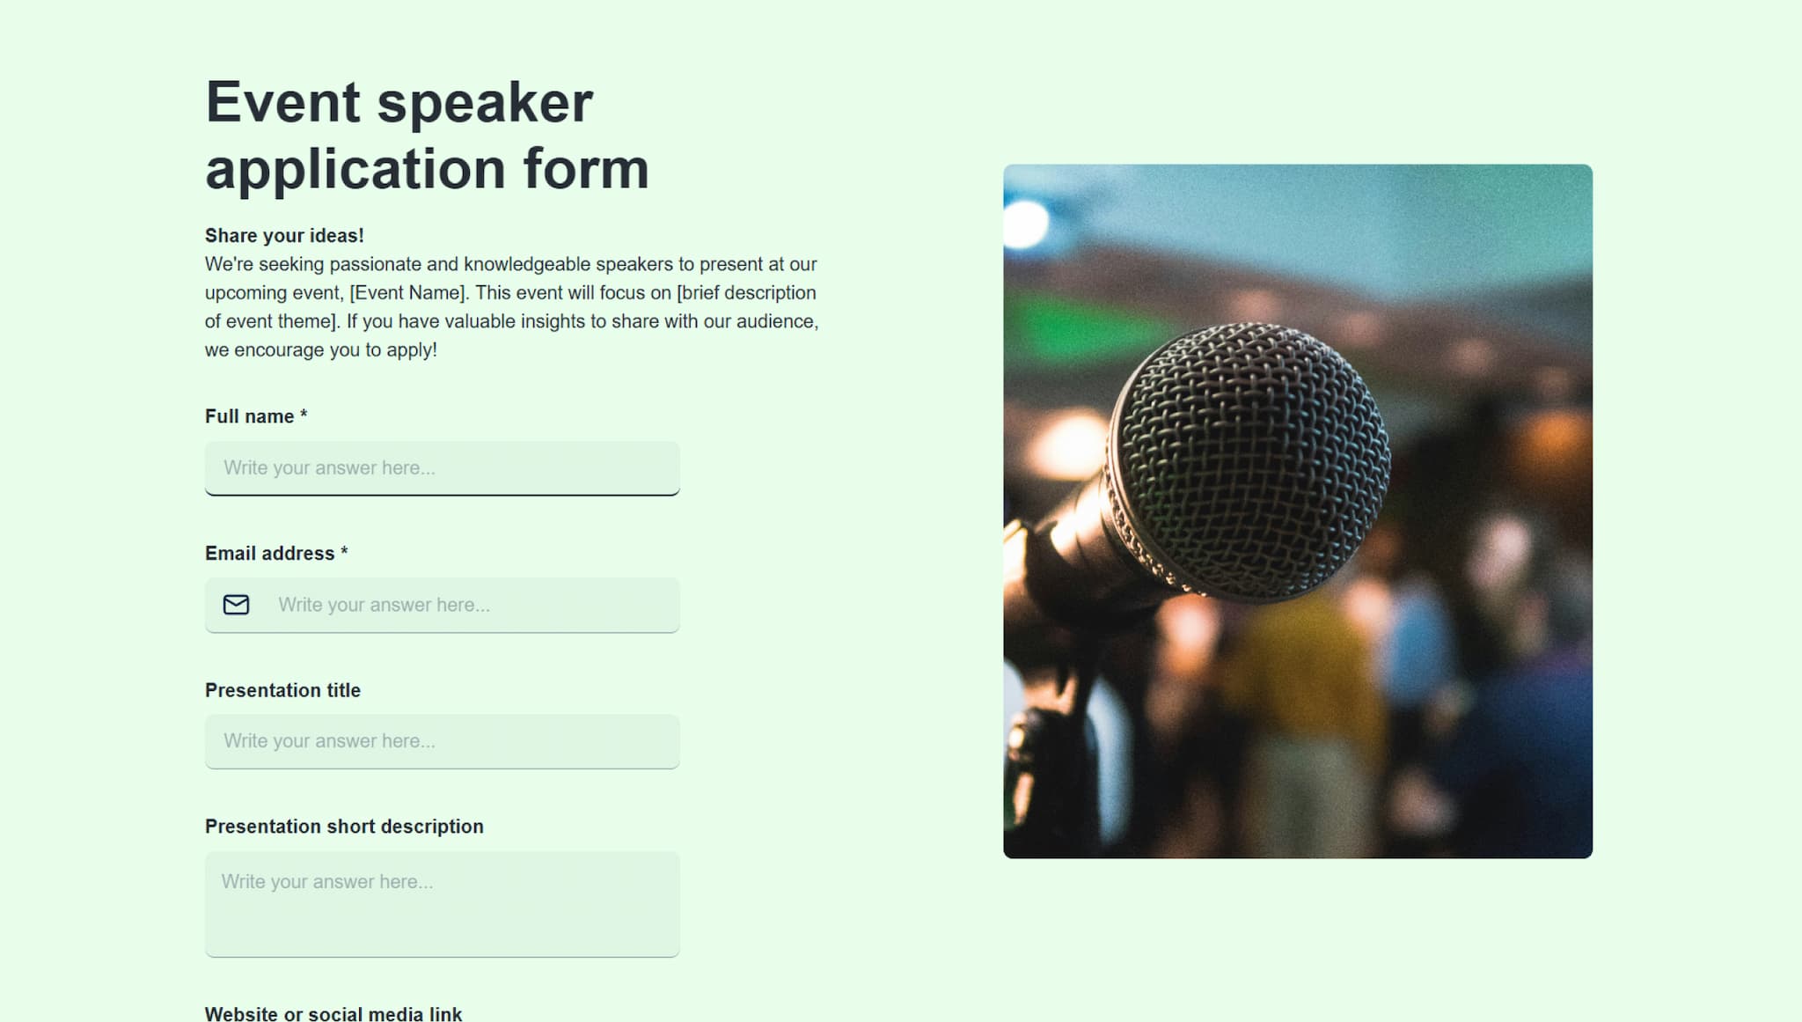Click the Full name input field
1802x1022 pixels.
pos(442,468)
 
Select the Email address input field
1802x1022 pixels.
pos(442,605)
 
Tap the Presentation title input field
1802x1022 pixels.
pos(442,741)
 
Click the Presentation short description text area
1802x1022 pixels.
pos(442,904)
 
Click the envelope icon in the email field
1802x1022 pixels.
pos(236,605)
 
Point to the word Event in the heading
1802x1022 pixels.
pos(282,103)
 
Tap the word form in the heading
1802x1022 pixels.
pos(586,168)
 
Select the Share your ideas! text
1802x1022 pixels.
pos(284,236)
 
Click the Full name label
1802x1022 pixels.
pos(249,416)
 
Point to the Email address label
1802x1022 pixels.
pos(269,554)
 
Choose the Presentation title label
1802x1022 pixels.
pos(282,690)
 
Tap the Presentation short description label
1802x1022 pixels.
pos(344,827)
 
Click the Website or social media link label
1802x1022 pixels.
pos(333,1013)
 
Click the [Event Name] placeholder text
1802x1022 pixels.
pos(407,293)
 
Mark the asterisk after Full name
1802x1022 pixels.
pos(304,414)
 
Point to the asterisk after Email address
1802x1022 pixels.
pos(344,551)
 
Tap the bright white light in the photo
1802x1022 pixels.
pos(1025,224)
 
